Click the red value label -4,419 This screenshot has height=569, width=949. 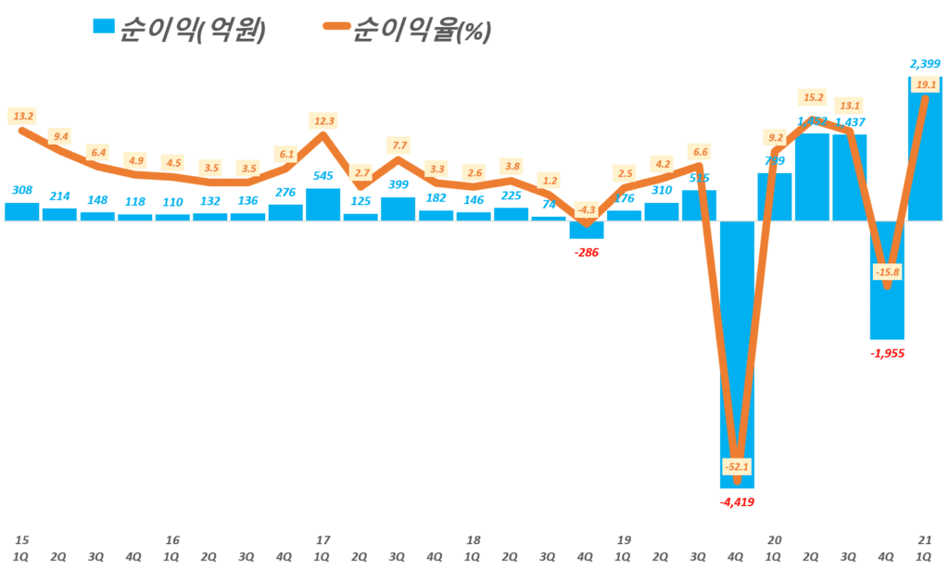(739, 502)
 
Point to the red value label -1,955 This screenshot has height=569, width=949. (888, 353)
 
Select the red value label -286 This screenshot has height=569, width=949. (587, 252)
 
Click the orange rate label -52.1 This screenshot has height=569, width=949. (738, 465)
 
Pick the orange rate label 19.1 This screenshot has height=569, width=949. (925, 84)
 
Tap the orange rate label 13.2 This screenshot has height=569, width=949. (22, 116)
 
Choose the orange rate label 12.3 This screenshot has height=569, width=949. (323, 119)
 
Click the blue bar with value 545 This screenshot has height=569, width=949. (323, 204)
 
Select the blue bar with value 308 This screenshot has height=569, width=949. (22, 211)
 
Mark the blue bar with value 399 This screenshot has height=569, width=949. (398, 209)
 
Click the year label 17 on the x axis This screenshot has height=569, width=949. (323, 539)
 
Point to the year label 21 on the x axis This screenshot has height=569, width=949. (924, 539)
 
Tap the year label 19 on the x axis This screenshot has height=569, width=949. (624, 539)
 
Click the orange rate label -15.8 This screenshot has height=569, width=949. (888, 272)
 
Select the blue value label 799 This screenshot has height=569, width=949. (774, 159)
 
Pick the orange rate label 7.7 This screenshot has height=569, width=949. (398, 145)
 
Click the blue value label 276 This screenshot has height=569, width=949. (285, 191)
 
